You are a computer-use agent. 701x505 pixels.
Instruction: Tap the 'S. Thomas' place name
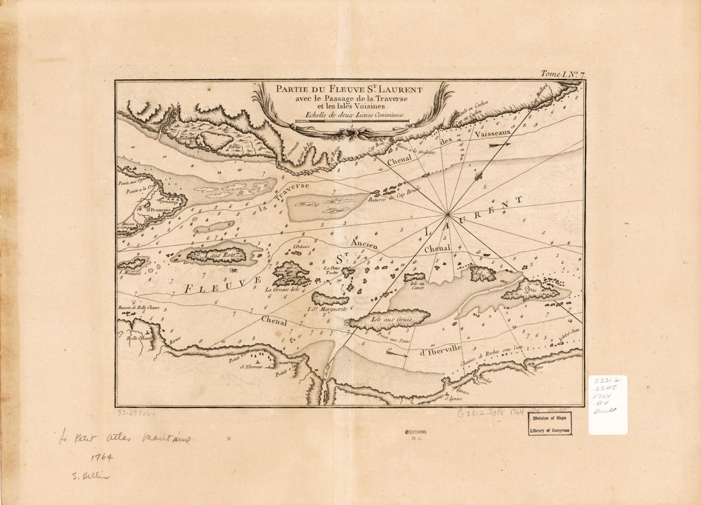tap(251, 366)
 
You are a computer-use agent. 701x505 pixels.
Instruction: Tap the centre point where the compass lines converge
tap(449, 214)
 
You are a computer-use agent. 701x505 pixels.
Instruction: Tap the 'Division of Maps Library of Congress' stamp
tap(549, 423)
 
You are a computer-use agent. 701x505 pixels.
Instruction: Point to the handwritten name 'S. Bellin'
tap(90, 476)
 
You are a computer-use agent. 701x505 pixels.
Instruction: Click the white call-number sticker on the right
tap(607, 405)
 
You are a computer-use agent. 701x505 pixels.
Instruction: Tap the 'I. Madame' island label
tap(130, 272)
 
